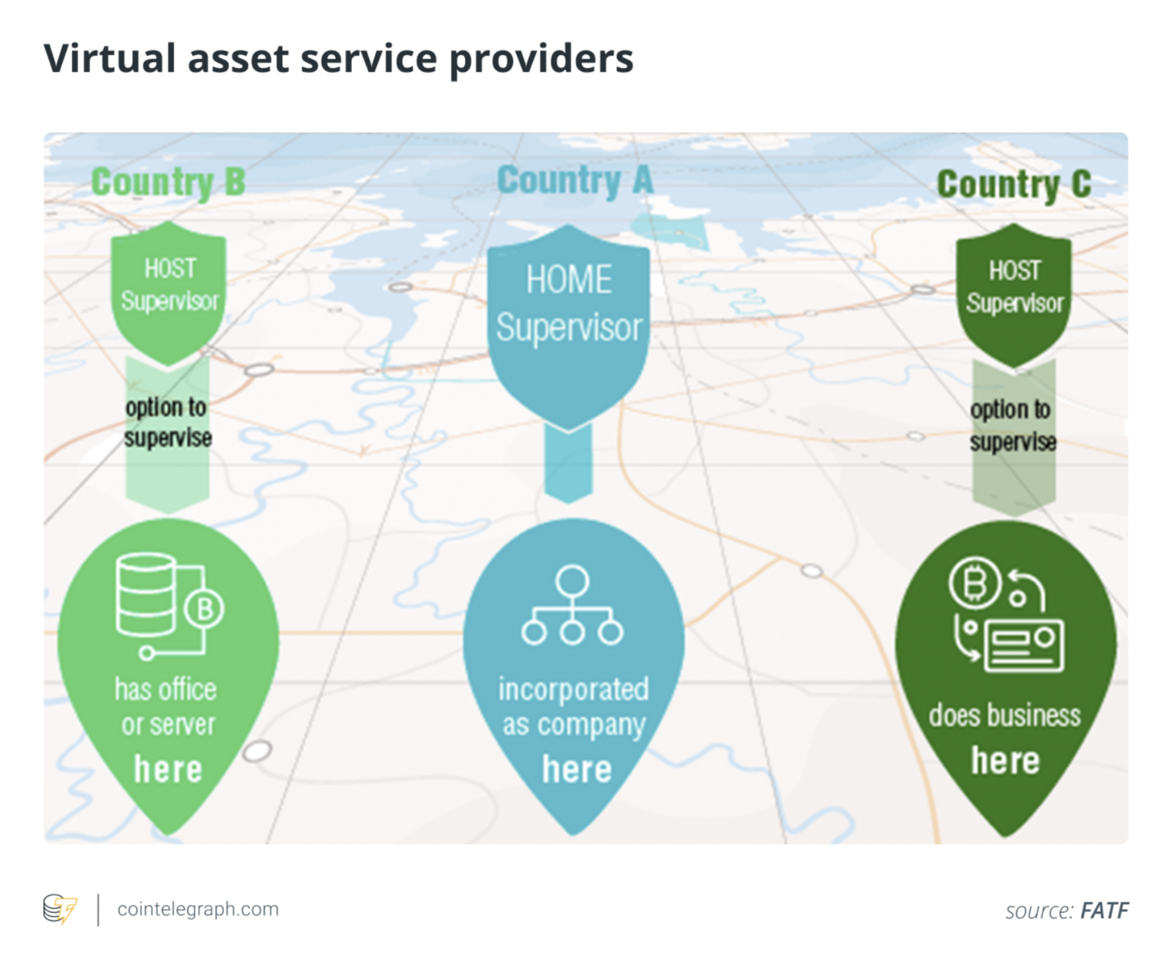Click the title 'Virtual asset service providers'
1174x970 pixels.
pyautogui.click(x=338, y=59)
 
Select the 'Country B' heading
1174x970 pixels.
pyautogui.click(x=168, y=182)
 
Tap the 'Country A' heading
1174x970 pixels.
pyautogui.click(x=576, y=180)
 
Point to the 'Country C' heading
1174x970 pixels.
pyautogui.click(x=1014, y=184)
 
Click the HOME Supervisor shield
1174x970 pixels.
pyautogui.click(x=568, y=327)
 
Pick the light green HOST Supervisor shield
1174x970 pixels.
pyautogui.click(x=169, y=293)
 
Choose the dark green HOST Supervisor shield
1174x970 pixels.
pyautogui.click(x=1014, y=295)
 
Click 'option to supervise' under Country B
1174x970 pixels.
pyautogui.click(x=168, y=423)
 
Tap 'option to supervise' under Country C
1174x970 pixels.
pyautogui.click(x=1013, y=425)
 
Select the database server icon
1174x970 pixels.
pyautogui.click(x=169, y=606)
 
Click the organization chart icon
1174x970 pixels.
pyautogui.click(x=572, y=605)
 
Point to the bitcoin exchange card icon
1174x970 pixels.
pyautogui.click(x=1007, y=613)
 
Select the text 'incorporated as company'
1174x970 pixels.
pyautogui.click(x=573, y=708)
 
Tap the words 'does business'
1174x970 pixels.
pyautogui.click(x=1005, y=716)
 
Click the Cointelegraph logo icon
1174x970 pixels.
pyautogui.click(x=60, y=909)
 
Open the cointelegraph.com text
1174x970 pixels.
pyautogui.click(x=198, y=909)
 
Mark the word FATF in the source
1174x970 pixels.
pyautogui.click(x=1104, y=911)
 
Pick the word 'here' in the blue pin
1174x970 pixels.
pyautogui.click(x=577, y=769)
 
